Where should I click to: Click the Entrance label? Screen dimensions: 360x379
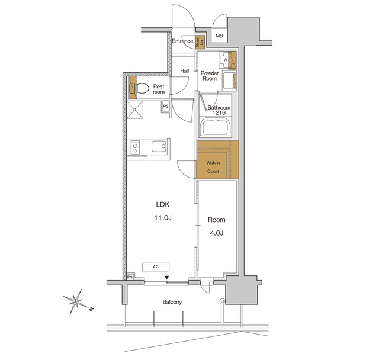point(182,41)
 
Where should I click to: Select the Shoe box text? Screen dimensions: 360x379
point(201,41)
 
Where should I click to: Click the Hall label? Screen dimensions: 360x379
point(185,72)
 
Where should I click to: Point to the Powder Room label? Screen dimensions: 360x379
point(210,75)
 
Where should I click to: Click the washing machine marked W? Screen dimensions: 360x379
point(226,59)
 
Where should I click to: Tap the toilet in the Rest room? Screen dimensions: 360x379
point(140,89)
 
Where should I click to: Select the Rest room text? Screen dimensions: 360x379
point(159,89)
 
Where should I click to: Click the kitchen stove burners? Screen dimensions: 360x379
point(135,147)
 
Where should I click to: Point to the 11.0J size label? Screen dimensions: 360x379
point(163,218)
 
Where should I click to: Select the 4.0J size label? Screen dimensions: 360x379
point(215,233)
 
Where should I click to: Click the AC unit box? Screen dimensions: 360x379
point(156,266)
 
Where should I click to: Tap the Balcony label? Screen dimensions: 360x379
point(172,302)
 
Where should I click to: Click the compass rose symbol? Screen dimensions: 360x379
point(76,302)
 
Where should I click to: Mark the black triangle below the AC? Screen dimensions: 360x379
point(167,277)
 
